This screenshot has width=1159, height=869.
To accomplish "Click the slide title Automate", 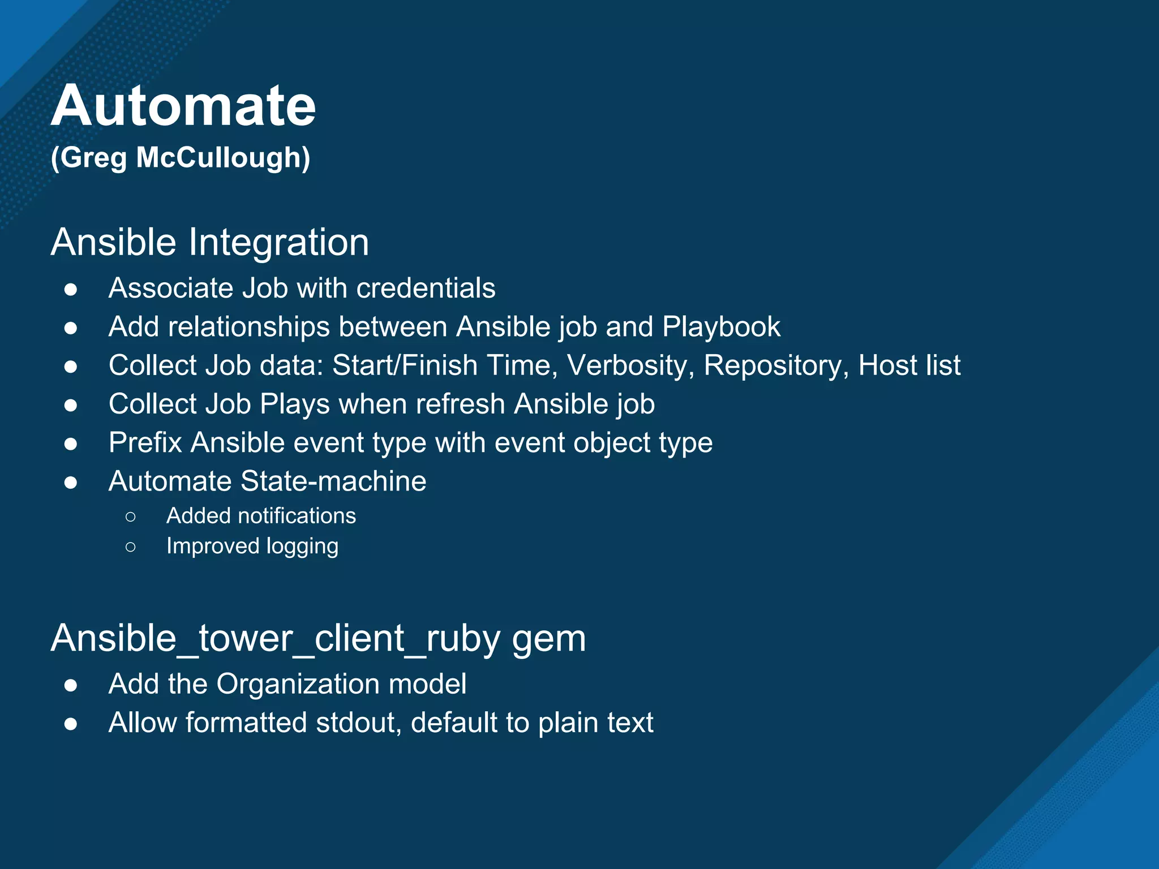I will [183, 106].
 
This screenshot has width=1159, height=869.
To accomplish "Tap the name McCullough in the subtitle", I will [223, 157].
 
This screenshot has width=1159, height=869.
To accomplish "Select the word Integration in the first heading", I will [278, 242].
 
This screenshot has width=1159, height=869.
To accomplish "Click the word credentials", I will [426, 288].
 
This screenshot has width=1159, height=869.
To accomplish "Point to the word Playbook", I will [721, 327].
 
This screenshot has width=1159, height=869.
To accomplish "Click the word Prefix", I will [145, 442].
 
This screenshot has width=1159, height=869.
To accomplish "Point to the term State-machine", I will [333, 481].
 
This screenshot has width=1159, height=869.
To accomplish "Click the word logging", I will [302, 547].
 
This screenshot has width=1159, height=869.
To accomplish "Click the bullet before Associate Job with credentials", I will [71, 290].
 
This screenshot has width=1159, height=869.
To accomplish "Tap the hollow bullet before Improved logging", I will [131, 547].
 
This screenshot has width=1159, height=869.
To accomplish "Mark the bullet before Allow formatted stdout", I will [71, 724].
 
